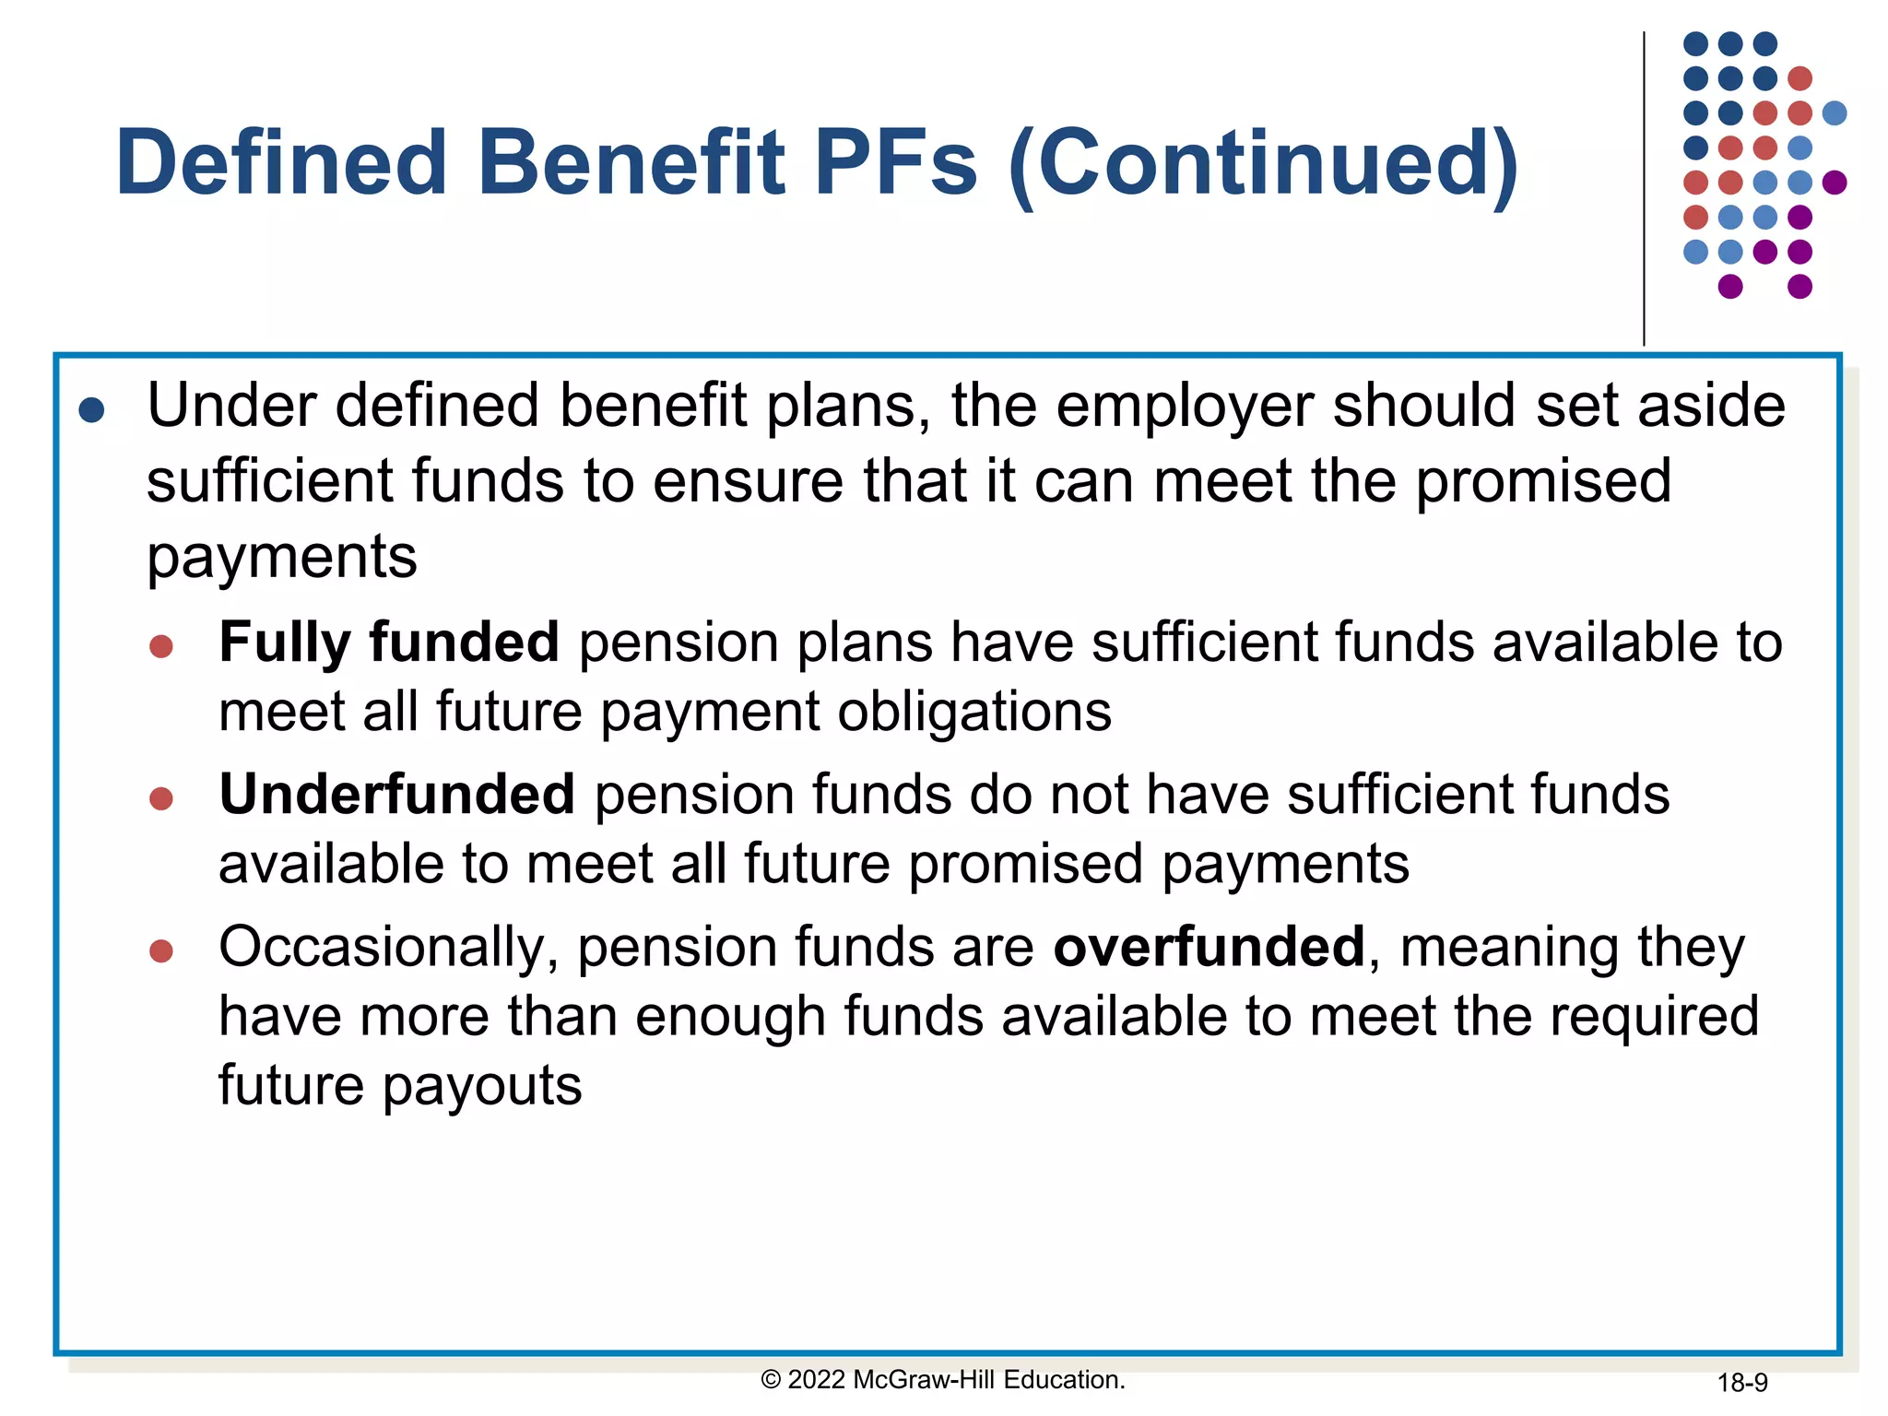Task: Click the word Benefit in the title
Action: (x=631, y=163)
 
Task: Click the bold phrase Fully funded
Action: (x=389, y=642)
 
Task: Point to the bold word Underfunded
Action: (x=397, y=795)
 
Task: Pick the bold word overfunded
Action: (x=1209, y=947)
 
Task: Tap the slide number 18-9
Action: (x=1741, y=1383)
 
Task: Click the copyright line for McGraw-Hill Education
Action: (x=943, y=1380)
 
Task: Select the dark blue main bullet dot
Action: (x=92, y=409)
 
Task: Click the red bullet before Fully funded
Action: (x=161, y=646)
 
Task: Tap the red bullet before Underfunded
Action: (x=161, y=798)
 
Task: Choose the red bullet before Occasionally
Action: (x=161, y=950)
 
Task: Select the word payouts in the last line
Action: (x=482, y=1086)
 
